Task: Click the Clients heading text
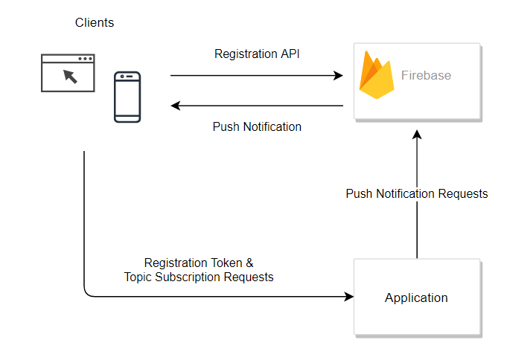95,22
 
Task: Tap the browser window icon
68,73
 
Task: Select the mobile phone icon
127,97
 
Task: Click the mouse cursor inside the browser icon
70,75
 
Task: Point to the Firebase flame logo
377,75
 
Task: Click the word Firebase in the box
426,75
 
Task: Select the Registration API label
257,54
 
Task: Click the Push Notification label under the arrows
257,126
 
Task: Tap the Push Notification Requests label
417,193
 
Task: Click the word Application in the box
416,298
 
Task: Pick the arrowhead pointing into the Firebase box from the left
338,75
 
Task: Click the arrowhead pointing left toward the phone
176,106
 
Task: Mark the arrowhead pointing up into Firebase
417,134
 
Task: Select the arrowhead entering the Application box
349,297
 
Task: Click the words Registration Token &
199,263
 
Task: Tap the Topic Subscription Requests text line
199,277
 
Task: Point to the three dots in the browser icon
86,59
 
